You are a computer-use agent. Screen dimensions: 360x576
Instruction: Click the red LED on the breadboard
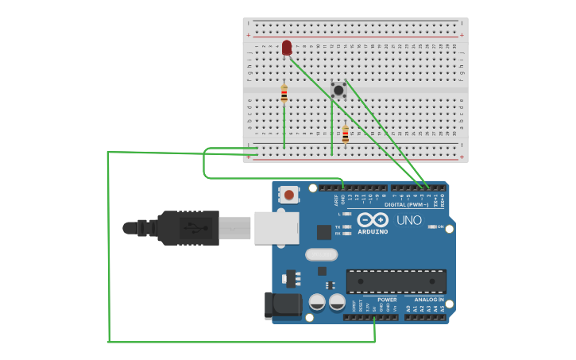(287, 48)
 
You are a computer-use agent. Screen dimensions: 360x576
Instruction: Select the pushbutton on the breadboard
(338, 90)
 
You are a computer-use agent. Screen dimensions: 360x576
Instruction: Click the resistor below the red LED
(284, 95)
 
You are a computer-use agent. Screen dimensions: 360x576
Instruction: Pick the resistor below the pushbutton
(345, 134)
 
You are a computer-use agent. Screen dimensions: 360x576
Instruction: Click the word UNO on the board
(409, 220)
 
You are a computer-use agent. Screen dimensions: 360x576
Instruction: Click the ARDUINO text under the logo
(373, 232)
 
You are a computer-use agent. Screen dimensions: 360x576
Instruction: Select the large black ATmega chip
(396, 281)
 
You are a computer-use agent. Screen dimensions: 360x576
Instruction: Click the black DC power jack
(284, 305)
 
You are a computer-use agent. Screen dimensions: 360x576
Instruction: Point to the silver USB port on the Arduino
(276, 227)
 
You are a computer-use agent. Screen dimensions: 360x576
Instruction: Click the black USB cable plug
(188, 227)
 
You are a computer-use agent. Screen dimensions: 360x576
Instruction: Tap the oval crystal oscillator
(321, 254)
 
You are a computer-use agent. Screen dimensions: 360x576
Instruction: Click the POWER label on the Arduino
(387, 300)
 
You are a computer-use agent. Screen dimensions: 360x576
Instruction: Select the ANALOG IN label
(429, 300)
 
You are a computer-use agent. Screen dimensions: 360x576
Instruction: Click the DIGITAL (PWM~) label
(406, 204)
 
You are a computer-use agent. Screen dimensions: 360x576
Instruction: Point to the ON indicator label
(440, 226)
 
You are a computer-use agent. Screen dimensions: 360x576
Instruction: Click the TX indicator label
(338, 226)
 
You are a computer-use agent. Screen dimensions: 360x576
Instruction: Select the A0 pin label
(408, 308)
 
